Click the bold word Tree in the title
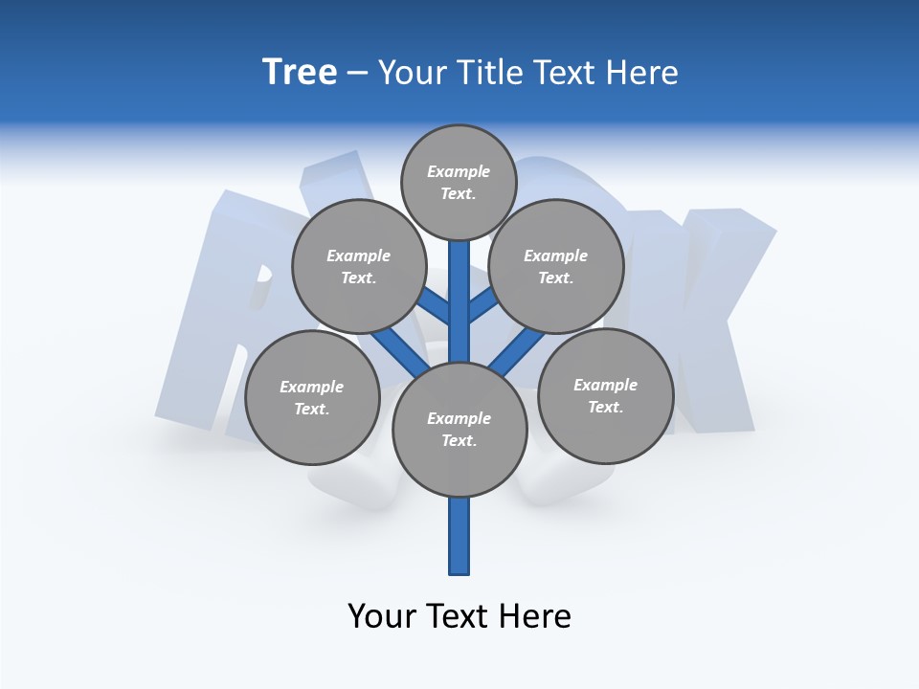coord(300,73)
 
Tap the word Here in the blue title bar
coord(641,73)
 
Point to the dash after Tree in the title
coord(358,74)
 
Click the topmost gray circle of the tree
coord(459,183)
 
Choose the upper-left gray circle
coord(358,266)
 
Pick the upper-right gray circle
coord(556,266)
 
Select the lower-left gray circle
coord(312,397)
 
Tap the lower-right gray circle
coord(605,395)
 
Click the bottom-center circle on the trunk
coord(459,429)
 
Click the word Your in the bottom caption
coord(382,616)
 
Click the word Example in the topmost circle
coord(459,172)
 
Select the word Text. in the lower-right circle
coord(605,407)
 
